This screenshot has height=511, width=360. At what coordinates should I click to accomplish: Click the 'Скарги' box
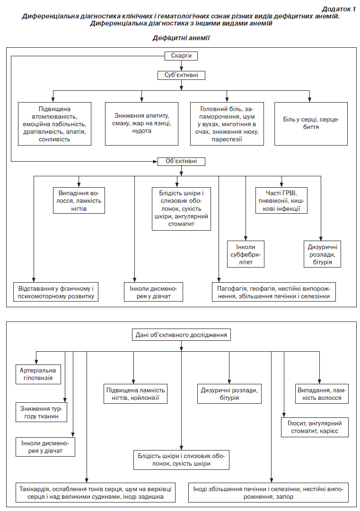tap(181, 56)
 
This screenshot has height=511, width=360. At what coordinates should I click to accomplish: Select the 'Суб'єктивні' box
tap(181, 75)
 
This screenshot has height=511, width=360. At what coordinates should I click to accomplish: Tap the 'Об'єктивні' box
tap(181, 161)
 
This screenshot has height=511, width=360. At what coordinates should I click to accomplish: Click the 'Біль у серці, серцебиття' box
tap(311, 124)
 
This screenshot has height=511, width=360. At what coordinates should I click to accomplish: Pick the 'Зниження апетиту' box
tap(141, 124)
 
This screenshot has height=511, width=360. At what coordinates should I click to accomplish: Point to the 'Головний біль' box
tap(227, 124)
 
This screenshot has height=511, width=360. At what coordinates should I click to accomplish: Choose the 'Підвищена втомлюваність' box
tap(54, 124)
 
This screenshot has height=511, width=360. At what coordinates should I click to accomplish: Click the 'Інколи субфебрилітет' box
tap(246, 254)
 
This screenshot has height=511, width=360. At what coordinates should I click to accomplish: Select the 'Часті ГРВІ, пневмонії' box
tap(282, 200)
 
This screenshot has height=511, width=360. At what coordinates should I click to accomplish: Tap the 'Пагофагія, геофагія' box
tap(273, 292)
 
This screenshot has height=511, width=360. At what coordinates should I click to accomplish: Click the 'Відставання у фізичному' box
tap(56, 292)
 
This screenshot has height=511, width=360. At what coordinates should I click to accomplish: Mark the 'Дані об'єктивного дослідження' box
tap(181, 335)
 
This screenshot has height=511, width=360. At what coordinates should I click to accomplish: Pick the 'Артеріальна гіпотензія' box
tap(38, 374)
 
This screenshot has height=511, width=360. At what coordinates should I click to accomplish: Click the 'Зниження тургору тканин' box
tap(42, 412)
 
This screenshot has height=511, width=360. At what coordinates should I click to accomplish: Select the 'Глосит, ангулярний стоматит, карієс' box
tap(315, 427)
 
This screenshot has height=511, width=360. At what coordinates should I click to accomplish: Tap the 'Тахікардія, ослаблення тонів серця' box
tap(96, 493)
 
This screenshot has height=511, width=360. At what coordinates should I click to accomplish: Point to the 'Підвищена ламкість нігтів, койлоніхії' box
tap(135, 394)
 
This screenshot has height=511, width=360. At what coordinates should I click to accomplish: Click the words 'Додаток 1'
tap(339, 9)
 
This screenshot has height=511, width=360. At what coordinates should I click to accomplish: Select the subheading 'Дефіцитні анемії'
tap(181, 38)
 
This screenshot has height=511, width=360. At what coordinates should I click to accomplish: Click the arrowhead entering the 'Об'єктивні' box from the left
tap(156, 161)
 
